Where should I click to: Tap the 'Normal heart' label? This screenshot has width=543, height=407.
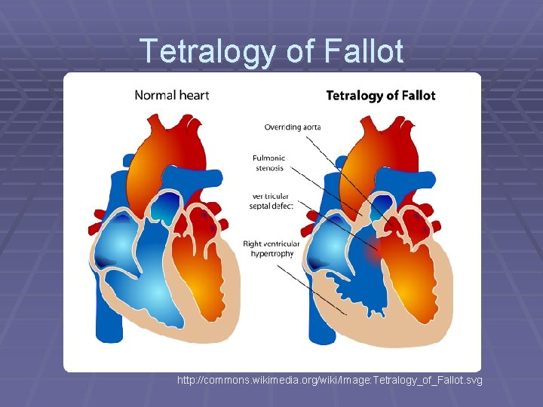click(171, 95)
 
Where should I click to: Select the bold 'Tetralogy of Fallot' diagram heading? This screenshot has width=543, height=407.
click(380, 96)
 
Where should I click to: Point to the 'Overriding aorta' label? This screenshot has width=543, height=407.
click(291, 127)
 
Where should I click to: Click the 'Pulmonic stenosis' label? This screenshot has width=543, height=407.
click(268, 163)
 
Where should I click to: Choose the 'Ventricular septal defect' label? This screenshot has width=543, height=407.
click(273, 200)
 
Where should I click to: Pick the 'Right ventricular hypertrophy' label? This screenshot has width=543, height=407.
click(271, 249)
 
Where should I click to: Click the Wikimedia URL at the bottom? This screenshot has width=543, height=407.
click(330, 381)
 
